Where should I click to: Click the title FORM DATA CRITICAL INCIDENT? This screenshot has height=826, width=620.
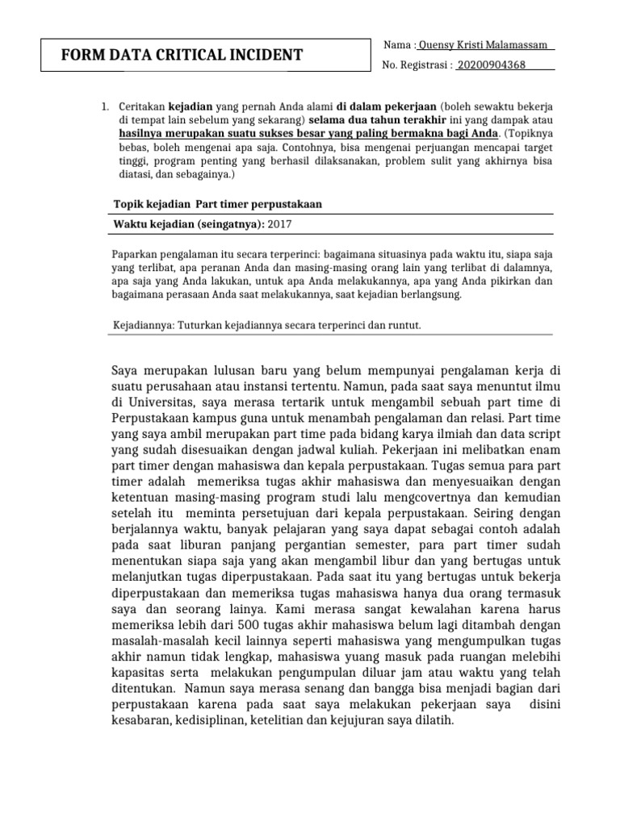[x=182, y=56]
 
